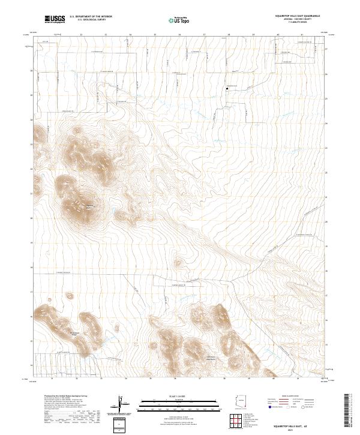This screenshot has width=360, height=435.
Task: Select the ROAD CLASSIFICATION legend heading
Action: [289, 397]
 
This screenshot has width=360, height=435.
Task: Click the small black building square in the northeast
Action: [226, 89]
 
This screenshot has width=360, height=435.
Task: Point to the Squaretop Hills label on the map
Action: [91, 207]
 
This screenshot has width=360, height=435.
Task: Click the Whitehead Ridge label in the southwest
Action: [74, 333]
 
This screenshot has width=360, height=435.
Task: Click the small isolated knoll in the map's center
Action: [178, 262]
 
